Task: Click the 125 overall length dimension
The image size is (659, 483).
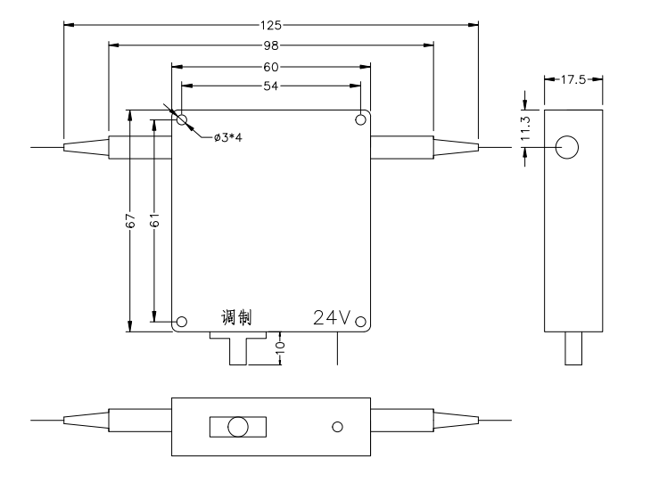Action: [271, 24]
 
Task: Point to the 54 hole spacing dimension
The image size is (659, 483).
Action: [271, 85]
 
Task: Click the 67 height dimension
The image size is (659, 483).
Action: [130, 222]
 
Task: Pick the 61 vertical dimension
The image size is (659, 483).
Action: [154, 222]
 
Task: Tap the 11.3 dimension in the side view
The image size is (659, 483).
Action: [526, 129]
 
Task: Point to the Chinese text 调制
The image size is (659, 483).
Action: [236, 317]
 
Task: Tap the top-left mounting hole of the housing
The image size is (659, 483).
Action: [182, 119]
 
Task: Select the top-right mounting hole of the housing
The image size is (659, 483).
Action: [360, 119]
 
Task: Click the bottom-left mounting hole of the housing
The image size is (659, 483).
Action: [182, 322]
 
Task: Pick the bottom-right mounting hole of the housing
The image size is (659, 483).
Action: [360, 322]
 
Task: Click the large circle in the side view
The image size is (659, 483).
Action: [567, 148]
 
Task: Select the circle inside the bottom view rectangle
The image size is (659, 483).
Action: [237, 427]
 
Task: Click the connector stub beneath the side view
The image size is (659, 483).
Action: [573, 350]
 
